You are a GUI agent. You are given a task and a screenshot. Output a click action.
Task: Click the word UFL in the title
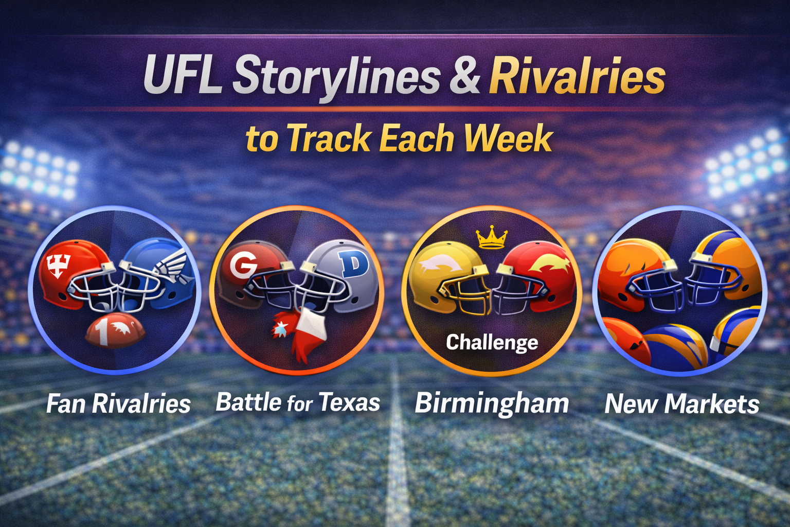pos(183,76)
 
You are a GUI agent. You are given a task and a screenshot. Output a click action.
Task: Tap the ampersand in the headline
pos(464,76)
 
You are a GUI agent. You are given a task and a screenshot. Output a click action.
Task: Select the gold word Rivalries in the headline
pos(577,76)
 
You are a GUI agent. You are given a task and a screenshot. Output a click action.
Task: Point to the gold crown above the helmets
pos(491,238)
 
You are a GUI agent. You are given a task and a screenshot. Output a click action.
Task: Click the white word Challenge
pos(492,342)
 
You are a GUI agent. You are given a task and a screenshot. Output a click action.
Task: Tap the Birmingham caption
pos(492,403)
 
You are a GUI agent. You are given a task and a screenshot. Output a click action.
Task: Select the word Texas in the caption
pos(350,402)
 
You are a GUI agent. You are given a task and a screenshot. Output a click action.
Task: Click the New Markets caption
pos(681,404)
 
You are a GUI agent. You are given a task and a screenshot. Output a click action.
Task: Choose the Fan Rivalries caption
pos(118,404)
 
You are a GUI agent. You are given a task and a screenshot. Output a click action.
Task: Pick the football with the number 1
pos(115,330)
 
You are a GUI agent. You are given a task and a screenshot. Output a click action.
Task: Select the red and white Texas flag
pos(304,332)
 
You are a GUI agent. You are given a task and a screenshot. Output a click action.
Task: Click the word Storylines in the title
pos(337,76)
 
